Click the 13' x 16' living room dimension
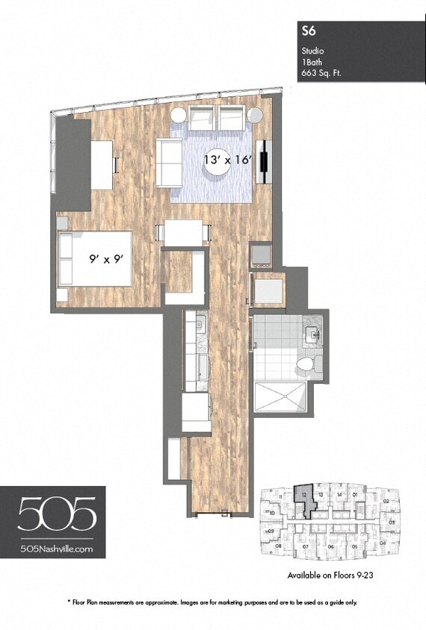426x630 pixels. [x=229, y=160]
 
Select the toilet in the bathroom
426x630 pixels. [x=307, y=363]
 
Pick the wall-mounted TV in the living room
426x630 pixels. [x=262, y=161]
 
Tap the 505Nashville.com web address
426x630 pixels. [x=57, y=548]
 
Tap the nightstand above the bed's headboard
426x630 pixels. [x=62, y=222]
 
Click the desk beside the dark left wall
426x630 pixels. [x=102, y=164]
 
